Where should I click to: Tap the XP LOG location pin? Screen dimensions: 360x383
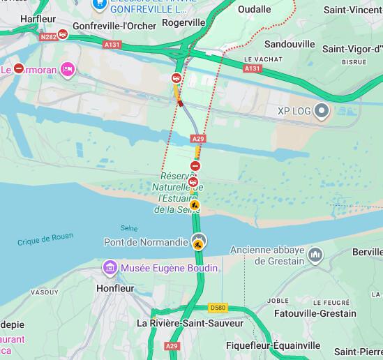322,110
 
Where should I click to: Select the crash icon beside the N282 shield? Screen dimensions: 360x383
63,33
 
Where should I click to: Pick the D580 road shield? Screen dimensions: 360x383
218,307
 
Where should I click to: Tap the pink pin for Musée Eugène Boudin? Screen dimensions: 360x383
110,268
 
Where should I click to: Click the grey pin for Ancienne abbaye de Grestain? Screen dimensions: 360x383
315,255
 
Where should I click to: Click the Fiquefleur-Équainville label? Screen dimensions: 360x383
273,345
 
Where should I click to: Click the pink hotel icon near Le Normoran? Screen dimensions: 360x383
68,68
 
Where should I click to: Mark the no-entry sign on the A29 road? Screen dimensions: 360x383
197,166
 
